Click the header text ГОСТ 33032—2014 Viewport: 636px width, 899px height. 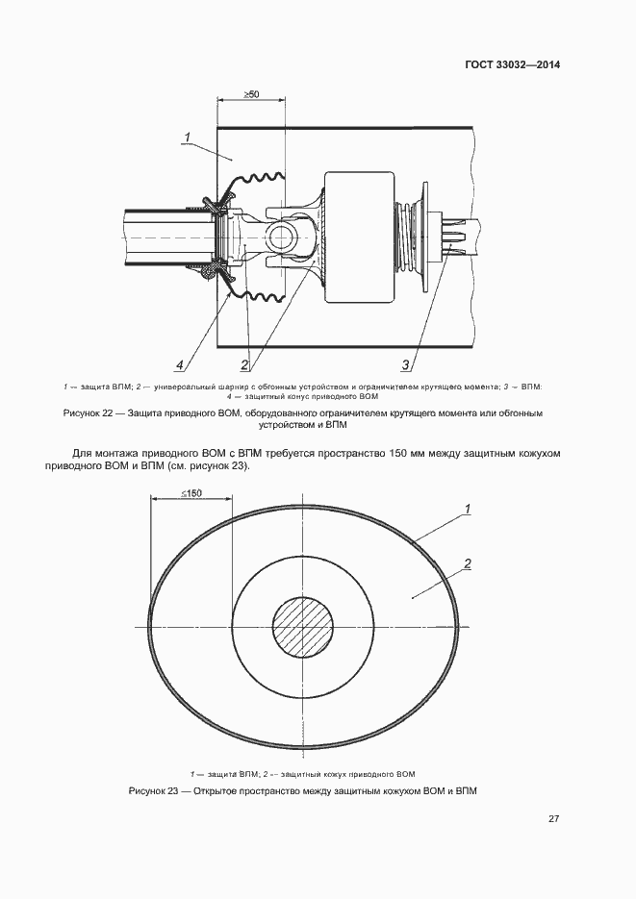coord(512,64)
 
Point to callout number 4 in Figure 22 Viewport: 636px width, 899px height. coord(180,364)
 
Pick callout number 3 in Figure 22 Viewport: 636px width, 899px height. coord(405,364)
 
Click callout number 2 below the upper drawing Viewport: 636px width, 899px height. coord(244,364)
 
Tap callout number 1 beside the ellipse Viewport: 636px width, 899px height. coord(468,509)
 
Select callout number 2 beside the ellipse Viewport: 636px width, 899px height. coord(468,564)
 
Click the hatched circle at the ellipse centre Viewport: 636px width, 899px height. coord(303,627)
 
